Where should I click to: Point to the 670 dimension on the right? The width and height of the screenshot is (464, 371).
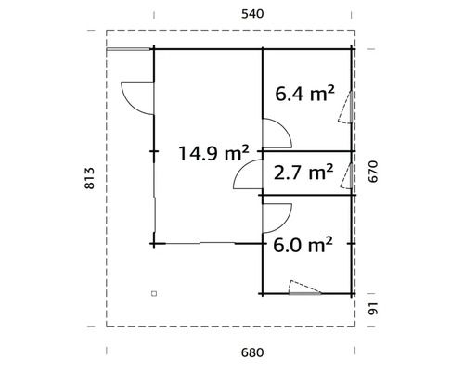point(373,172)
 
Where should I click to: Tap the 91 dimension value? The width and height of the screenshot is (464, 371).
point(373,309)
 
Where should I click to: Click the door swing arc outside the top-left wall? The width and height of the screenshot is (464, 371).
point(135,96)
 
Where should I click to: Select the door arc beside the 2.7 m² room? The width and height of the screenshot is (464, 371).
point(248,173)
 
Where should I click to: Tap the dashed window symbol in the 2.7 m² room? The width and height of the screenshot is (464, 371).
point(347,173)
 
